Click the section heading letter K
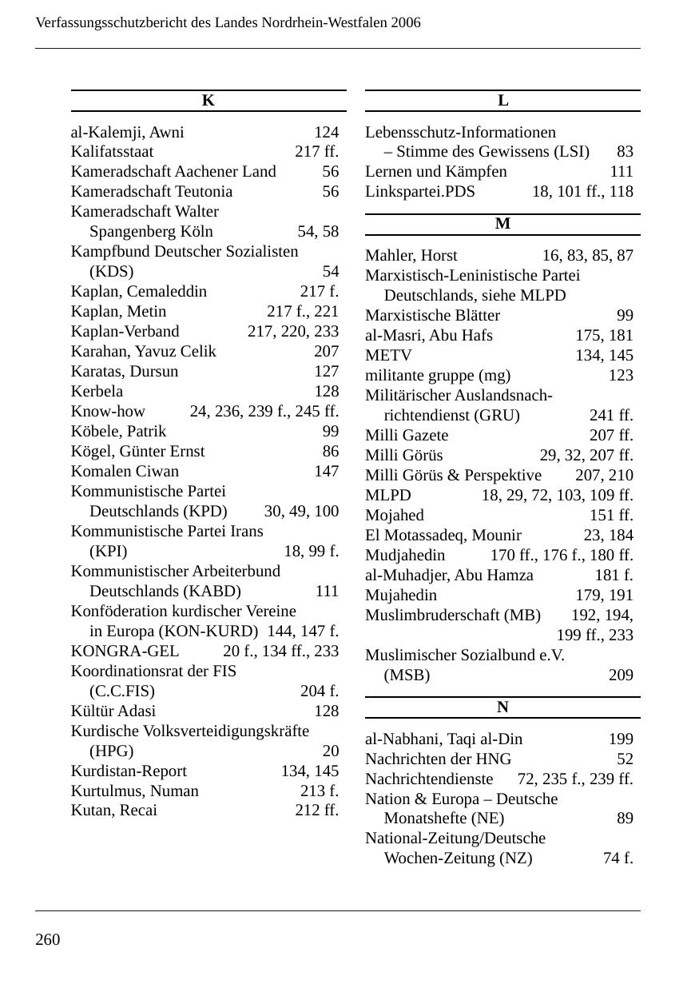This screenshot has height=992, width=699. click(x=209, y=101)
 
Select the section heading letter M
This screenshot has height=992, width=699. click(x=502, y=225)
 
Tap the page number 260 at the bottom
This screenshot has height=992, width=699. click(x=48, y=939)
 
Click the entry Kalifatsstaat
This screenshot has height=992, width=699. click(x=112, y=152)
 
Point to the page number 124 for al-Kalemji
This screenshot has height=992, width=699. click(x=326, y=132)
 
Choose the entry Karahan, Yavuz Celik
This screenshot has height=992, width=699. click(x=143, y=352)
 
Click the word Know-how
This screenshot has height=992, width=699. click(x=108, y=412)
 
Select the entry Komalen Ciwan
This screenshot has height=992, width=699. click(x=125, y=472)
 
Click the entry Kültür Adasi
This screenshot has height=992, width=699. click(x=113, y=711)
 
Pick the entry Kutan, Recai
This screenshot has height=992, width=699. click(x=113, y=811)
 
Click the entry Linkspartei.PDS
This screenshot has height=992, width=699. click(x=419, y=192)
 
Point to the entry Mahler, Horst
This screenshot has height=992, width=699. click(x=411, y=256)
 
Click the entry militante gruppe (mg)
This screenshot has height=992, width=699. click(x=437, y=376)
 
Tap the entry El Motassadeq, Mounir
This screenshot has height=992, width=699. click(x=443, y=536)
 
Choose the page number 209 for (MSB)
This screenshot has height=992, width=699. click(x=621, y=675)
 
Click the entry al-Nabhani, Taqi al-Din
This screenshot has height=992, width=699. click(x=443, y=739)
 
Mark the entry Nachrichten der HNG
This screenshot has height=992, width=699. click(x=438, y=759)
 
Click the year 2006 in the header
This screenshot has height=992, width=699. click(x=406, y=22)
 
